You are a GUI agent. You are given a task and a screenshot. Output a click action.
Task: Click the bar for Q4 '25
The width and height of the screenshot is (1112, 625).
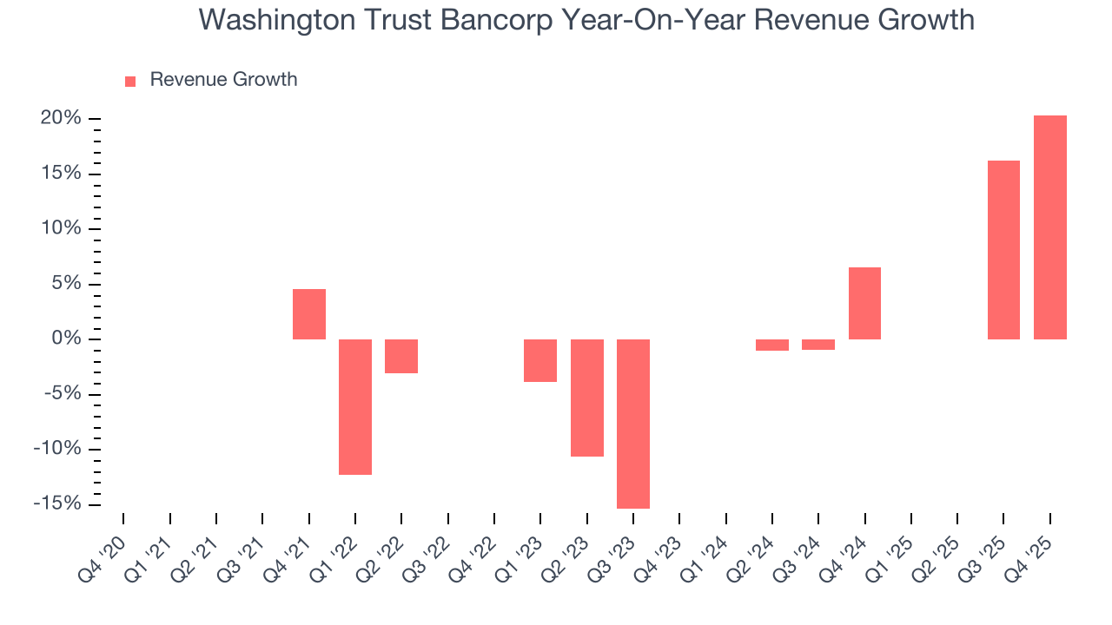coord(1049,227)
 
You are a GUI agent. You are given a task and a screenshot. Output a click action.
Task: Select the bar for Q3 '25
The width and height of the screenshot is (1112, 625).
coord(1003,250)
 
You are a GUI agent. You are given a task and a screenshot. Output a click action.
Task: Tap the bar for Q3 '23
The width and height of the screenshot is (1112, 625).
coord(633,424)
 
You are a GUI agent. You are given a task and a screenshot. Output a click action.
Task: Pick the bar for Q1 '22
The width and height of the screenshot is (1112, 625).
coord(355,406)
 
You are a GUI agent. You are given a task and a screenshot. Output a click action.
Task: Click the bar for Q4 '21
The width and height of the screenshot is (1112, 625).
coord(309,314)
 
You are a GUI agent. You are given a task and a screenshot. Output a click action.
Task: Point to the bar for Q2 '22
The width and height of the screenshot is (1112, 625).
coord(401,356)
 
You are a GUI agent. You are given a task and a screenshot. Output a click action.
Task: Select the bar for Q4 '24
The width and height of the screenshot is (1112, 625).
coord(864,303)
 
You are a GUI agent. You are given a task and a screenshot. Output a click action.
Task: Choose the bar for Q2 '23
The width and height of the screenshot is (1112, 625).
coord(587,398)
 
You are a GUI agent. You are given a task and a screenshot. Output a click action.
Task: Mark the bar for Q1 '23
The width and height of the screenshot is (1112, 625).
coord(540,360)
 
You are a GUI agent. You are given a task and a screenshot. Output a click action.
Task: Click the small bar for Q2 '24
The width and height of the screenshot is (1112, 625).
coord(772,345)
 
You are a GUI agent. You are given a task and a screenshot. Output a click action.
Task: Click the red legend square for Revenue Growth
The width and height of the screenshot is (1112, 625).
coord(130,81)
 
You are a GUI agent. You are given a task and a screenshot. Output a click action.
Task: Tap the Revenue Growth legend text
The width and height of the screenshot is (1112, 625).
coord(223,80)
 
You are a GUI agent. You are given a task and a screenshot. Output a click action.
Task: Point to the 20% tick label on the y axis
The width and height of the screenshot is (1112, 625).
coord(61,118)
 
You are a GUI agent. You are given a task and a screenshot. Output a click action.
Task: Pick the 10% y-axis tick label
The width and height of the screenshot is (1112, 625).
coord(61,228)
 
